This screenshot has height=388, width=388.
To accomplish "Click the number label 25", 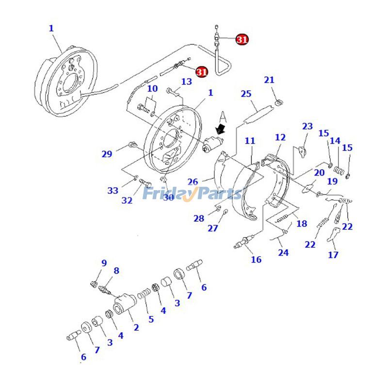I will click(x=246, y=94).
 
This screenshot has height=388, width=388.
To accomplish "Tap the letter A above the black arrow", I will click(x=223, y=117).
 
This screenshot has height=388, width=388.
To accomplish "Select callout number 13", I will click(x=187, y=82).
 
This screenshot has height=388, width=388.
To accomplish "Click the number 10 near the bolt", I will click(x=152, y=89).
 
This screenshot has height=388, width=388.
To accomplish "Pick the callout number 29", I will click(x=107, y=154).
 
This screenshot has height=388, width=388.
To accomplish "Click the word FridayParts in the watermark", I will click(x=193, y=194).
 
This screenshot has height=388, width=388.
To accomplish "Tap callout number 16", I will click(x=256, y=259).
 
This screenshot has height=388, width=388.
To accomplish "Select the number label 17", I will click(x=333, y=255).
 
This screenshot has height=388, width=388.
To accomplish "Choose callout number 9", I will click(x=104, y=263).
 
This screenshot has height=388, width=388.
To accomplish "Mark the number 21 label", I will click(x=269, y=80).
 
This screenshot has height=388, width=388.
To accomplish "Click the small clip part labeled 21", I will click(x=279, y=102).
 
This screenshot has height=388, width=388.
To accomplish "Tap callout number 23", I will click(x=307, y=127).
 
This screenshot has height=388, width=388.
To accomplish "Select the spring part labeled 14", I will click(x=339, y=171).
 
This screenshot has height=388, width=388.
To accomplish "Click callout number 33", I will click(x=113, y=191).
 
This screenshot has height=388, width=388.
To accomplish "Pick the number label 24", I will click(x=283, y=253).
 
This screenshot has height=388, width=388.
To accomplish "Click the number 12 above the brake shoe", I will click(x=280, y=138).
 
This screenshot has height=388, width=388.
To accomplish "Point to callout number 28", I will click(x=199, y=218).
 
